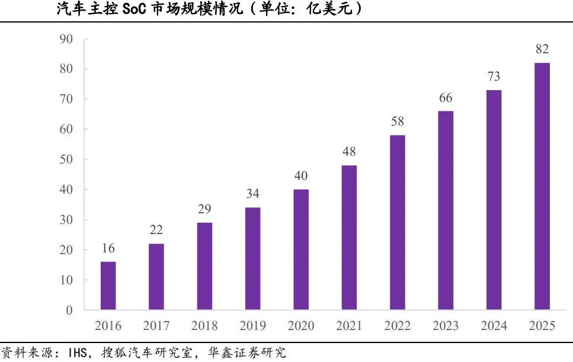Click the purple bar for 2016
[x=108, y=286]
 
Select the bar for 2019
[x=252, y=258]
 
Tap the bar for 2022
[x=398, y=222]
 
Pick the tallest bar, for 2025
[x=542, y=186]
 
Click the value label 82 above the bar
[x=542, y=49]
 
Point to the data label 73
[x=494, y=76]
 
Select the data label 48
[x=349, y=152]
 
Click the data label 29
[x=204, y=209]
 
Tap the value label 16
[x=108, y=248]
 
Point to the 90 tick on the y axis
[x=66, y=40]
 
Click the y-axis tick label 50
[x=66, y=160]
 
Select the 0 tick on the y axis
[x=69, y=310]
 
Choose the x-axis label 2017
[x=156, y=326]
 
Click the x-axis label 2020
[x=301, y=326]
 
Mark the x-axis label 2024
[x=494, y=326]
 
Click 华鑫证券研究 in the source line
[x=247, y=353]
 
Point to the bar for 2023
[x=446, y=210]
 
